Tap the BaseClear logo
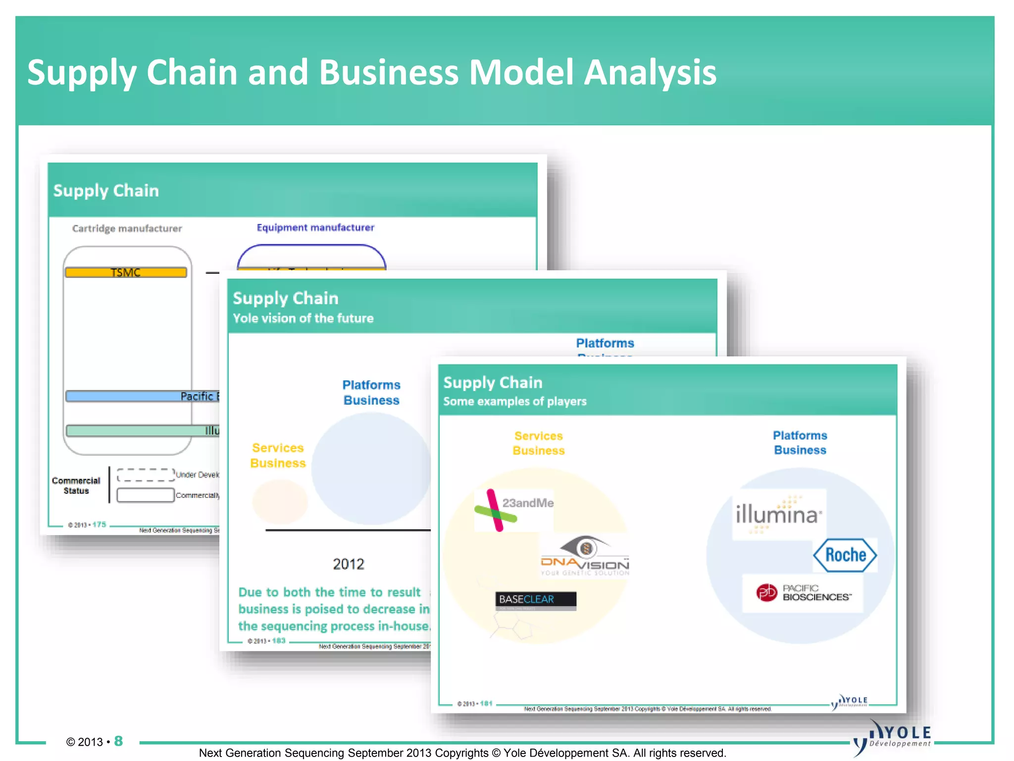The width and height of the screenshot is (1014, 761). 536,600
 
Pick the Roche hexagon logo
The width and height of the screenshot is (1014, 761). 845,555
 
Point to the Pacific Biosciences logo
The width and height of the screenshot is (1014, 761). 803,593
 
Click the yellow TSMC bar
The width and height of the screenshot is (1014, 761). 126,272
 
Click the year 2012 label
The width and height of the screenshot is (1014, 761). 348,564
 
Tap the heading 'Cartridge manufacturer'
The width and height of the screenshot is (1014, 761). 127,228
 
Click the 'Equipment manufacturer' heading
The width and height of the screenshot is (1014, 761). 315,227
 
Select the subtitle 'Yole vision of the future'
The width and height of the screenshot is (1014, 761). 303,318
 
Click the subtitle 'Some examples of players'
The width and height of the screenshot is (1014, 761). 514,401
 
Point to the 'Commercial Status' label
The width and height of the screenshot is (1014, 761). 76,486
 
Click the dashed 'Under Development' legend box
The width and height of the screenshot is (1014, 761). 146,475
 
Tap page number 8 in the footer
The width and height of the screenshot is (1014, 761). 118,741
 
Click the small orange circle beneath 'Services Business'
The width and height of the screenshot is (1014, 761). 280,501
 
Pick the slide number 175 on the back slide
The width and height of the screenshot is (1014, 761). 99,525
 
